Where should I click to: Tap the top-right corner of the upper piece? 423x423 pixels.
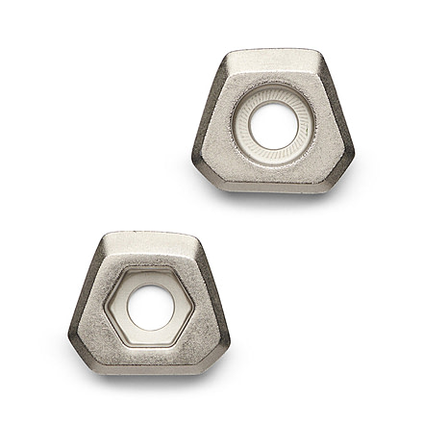tap(318, 53)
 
